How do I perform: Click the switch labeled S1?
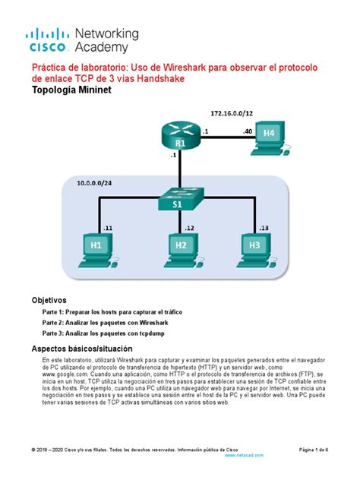180,200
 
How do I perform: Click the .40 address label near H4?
248,131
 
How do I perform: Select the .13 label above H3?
263,227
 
